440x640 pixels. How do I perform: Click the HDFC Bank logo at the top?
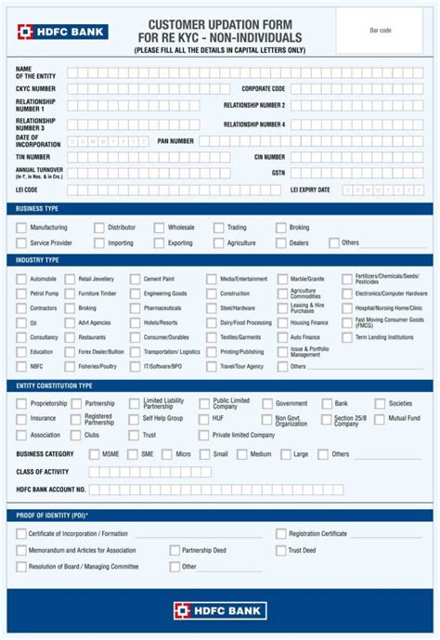(61, 32)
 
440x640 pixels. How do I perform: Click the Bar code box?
(380, 31)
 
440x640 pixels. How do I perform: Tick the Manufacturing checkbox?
(21, 228)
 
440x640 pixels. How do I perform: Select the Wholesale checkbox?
(160, 228)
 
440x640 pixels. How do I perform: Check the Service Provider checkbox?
(21, 243)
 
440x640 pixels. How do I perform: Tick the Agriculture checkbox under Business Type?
(219, 243)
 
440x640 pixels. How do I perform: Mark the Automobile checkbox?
(21, 279)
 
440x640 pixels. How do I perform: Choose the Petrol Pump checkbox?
(21, 294)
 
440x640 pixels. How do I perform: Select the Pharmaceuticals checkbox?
(136, 308)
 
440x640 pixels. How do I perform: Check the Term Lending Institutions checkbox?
(347, 337)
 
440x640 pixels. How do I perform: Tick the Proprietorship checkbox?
(21, 404)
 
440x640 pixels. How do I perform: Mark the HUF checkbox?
(204, 419)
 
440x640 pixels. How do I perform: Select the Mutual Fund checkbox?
(380, 419)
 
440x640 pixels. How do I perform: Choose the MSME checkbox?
(94, 454)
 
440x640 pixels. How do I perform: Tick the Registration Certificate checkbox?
(281, 534)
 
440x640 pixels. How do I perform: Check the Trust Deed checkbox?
(281, 550)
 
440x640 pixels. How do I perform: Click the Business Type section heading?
(37, 209)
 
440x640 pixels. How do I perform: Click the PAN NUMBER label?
(175, 141)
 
